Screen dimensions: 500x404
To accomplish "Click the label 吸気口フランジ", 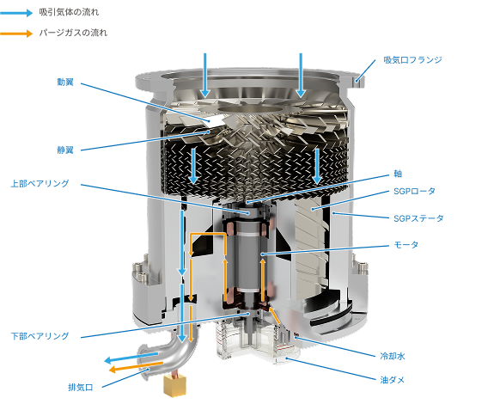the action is (x=412, y=60).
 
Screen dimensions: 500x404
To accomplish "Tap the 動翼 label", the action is (x=65, y=83).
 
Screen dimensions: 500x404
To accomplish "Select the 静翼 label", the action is (x=65, y=150).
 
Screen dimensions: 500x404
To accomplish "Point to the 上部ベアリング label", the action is (x=40, y=183).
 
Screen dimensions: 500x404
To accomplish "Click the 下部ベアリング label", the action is (x=40, y=336).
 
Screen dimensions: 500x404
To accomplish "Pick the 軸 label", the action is (x=398, y=174).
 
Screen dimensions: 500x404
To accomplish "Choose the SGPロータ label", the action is (x=414, y=191).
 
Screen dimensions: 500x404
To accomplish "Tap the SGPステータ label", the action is (x=418, y=218).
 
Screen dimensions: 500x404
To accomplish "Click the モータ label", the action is (x=406, y=245).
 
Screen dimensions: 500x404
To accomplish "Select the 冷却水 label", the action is (x=393, y=356).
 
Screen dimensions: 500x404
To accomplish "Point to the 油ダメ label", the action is (x=393, y=380).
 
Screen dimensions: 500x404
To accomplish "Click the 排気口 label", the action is (x=81, y=388).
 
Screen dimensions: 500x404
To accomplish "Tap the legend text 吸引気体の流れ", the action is (x=69, y=12).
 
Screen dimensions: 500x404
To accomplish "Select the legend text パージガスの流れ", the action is (x=73, y=33).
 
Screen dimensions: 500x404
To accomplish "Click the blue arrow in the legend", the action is (x=16, y=13).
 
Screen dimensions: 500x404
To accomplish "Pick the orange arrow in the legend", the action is (x=16, y=34).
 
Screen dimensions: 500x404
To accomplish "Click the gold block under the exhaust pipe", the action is (x=174, y=385).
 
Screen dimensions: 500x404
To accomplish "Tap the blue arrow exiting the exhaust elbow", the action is (x=131, y=358).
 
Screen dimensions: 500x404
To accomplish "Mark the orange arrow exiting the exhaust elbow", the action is (x=136, y=367).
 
